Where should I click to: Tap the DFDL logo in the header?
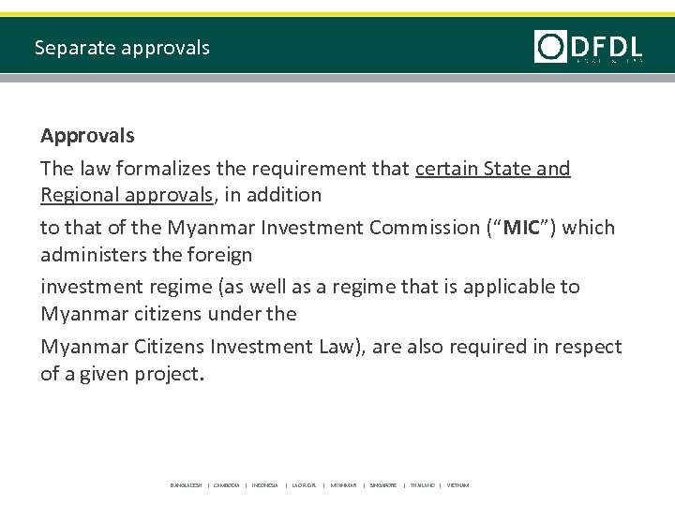pyautogui.click(x=589, y=46)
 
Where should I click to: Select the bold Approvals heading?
pyautogui.click(x=87, y=135)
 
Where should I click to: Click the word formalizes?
pyautogui.click(x=161, y=168)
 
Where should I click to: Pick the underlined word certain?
pyautogui.click(x=445, y=168)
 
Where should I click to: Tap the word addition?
pyautogui.click(x=287, y=195)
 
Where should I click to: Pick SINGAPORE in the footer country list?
pyautogui.click(x=382, y=485)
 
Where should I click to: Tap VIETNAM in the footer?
pyautogui.click(x=457, y=485)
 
